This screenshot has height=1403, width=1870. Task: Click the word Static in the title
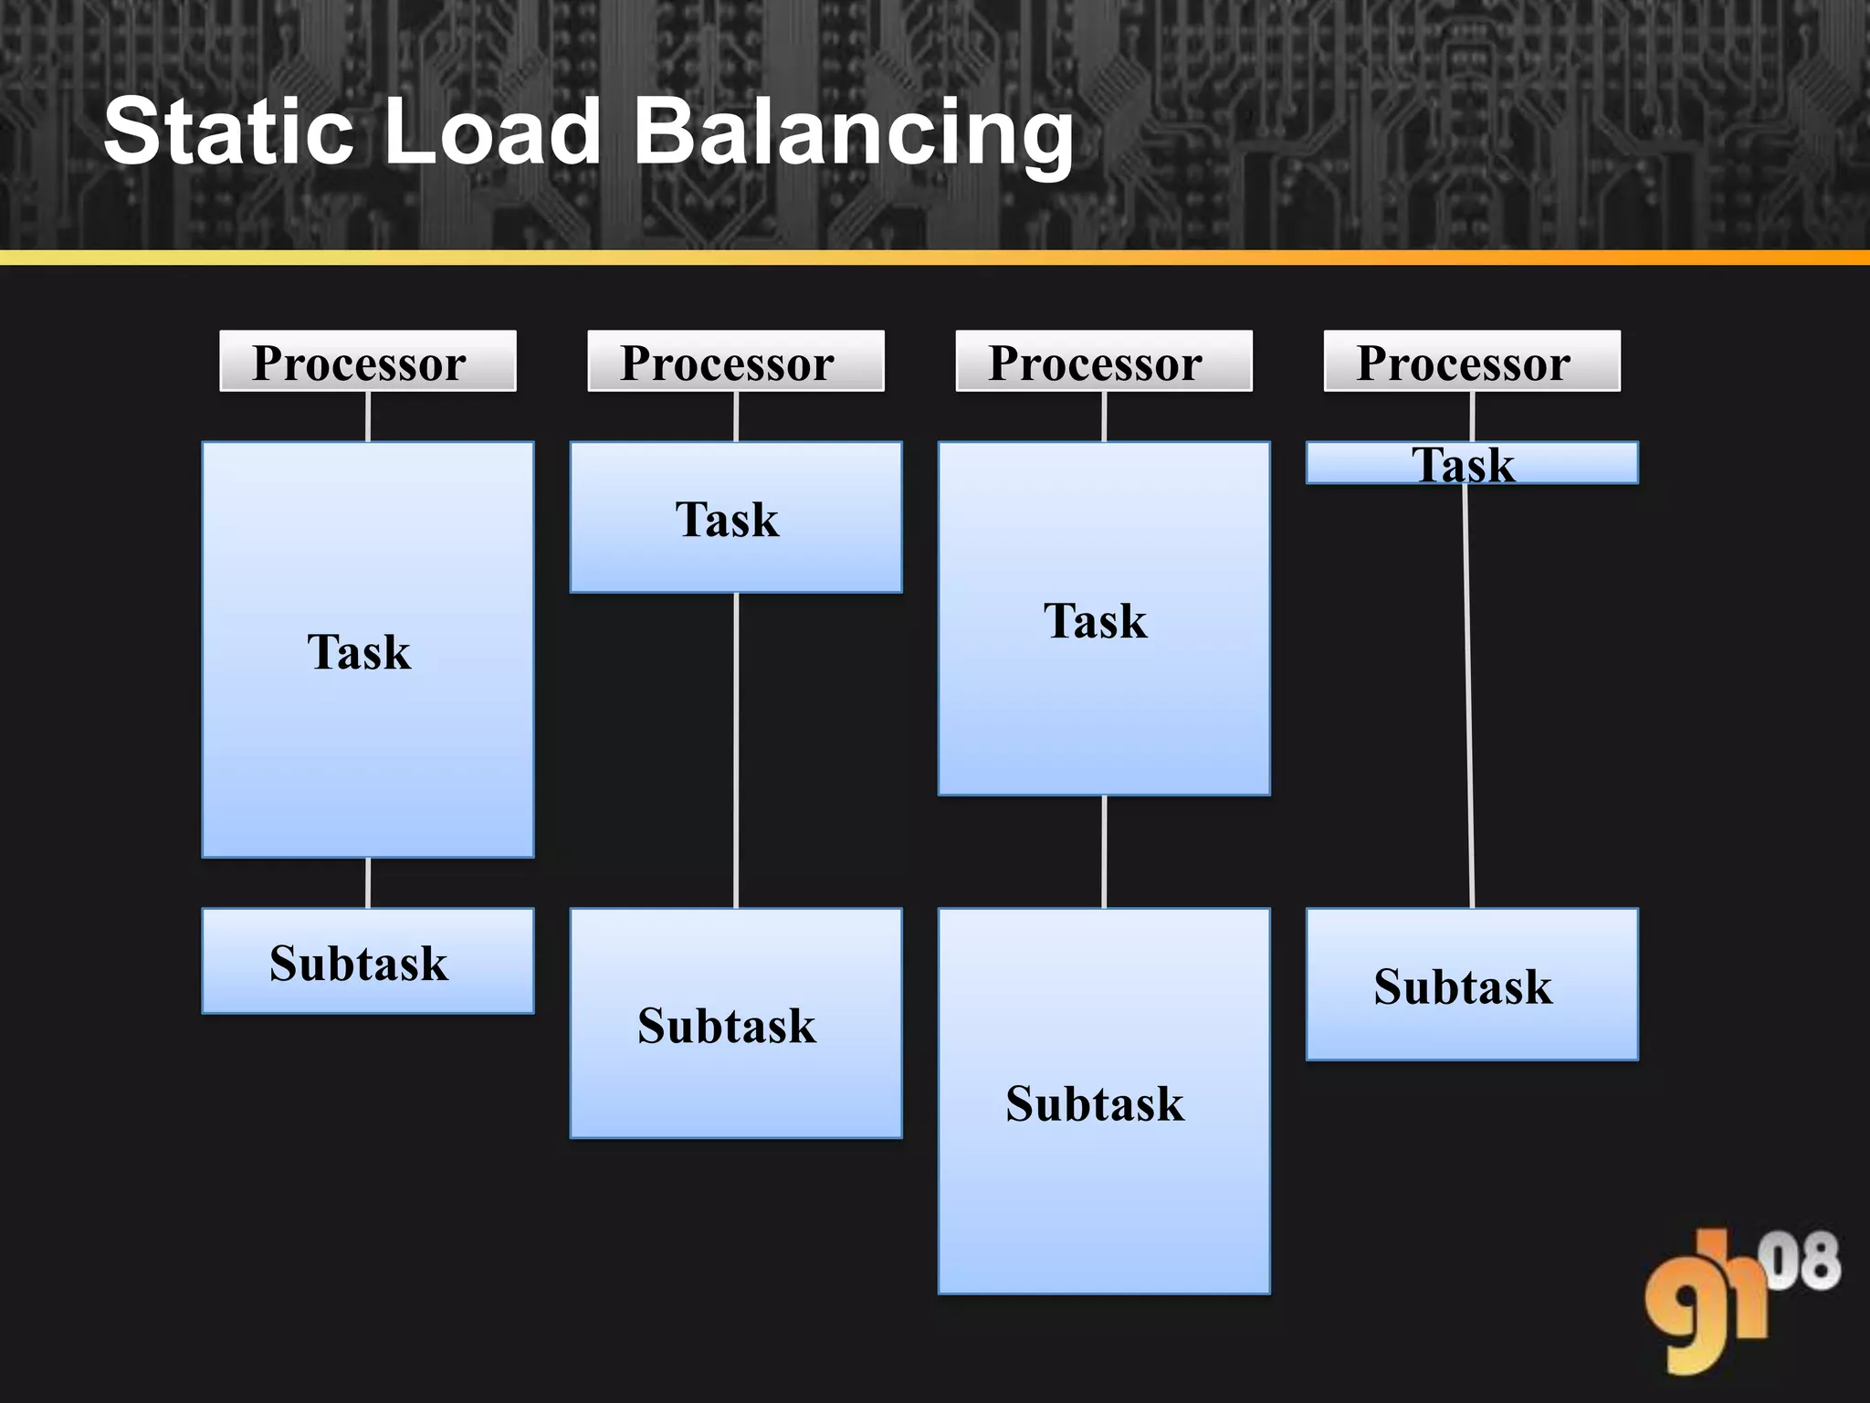coord(228,132)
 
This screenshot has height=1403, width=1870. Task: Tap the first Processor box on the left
coord(367,362)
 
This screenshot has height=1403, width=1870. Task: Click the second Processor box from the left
coord(736,362)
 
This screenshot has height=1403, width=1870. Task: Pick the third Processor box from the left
coord(1104,362)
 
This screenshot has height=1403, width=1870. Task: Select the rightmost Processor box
coord(1472,362)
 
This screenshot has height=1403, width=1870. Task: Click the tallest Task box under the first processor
coord(367,650)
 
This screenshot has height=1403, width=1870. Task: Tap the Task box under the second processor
coord(736,518)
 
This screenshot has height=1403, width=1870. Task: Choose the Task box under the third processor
coord(1104,619)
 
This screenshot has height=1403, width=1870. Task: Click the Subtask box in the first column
coord(367,961)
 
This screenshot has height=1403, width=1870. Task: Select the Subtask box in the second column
coord(736,1023)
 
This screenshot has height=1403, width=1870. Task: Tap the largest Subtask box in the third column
coord(1104,1102)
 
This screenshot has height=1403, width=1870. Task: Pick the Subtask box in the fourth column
coord(1472,985)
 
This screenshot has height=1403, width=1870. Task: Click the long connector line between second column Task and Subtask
coord(736,749)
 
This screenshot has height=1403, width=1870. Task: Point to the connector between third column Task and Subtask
coord(1104,851)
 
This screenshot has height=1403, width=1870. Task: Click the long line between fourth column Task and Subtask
coord(1469,694)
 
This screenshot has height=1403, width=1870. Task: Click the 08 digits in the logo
coord(1803,1261)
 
